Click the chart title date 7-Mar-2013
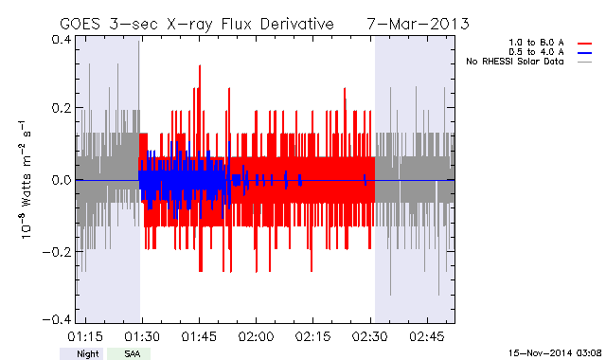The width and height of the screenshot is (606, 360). (419, 24)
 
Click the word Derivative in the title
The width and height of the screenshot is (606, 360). (296, 24)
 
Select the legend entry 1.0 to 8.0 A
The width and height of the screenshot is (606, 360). (536, 43)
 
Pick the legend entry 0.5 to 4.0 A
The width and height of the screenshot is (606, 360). (536, 52)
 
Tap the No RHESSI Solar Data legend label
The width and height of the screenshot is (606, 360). (515, 62)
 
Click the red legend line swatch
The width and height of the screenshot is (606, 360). (585, 44)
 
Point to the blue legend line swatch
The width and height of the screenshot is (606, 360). (585, 53)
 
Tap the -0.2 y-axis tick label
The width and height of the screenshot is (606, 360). (57, 252)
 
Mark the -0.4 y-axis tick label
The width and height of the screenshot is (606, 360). (57, 320)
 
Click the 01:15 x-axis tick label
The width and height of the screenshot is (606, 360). (85, 336)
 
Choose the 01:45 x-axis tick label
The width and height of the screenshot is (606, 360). (199, 336)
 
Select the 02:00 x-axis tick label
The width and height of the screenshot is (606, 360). (256, 336)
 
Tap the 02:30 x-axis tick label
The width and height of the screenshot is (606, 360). (370, 336)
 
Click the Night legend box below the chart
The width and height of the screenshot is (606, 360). (81, 353)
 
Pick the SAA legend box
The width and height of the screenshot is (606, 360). (129, 353)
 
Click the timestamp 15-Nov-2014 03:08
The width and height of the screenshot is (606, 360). (555, 352)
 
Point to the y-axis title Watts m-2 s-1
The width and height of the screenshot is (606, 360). (26, 180)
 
